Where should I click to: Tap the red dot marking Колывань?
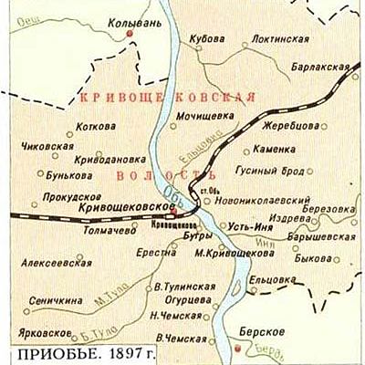130,33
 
